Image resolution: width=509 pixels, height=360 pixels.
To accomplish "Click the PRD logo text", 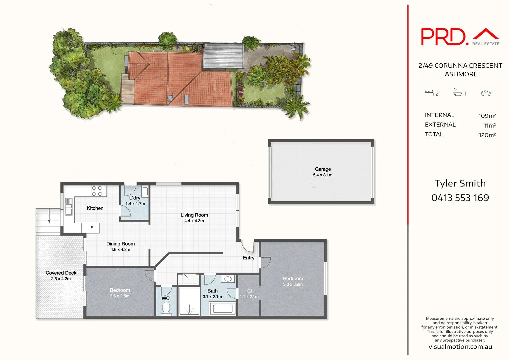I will [443, 37].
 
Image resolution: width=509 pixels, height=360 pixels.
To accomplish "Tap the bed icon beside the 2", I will [429, 93].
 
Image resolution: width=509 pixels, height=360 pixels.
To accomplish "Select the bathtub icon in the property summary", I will [458, 92].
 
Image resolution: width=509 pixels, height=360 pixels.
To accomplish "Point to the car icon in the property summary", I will [486, 93].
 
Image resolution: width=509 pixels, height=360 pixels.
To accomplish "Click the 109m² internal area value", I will [487, 116].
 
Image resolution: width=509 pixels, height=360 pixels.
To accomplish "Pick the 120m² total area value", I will [487, 135].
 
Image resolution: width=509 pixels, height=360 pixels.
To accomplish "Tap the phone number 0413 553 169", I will [460, 198].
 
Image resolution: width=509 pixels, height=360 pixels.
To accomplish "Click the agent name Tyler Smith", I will [460, 183].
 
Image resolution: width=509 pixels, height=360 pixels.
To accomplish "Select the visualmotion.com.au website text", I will [460, 347].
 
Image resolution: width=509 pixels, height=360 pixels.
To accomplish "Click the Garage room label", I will [323, 169].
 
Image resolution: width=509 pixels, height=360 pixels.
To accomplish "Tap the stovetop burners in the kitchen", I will [97, 191].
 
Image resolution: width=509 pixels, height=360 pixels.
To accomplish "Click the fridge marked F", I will [91, 228].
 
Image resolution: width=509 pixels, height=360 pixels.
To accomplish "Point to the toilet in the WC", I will [166, 308].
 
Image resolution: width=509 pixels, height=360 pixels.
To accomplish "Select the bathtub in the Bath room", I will [222, 309].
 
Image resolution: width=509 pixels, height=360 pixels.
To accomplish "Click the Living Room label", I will [194, 215].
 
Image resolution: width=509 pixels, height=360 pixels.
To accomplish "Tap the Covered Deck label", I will [61, 273].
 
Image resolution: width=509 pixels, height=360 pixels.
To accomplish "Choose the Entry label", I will [248, 258].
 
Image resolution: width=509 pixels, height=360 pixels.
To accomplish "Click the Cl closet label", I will [249, 291].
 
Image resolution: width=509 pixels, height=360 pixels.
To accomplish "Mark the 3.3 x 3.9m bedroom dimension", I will [293, 284].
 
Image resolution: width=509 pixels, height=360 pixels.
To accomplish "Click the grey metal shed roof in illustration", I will [223, 56].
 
